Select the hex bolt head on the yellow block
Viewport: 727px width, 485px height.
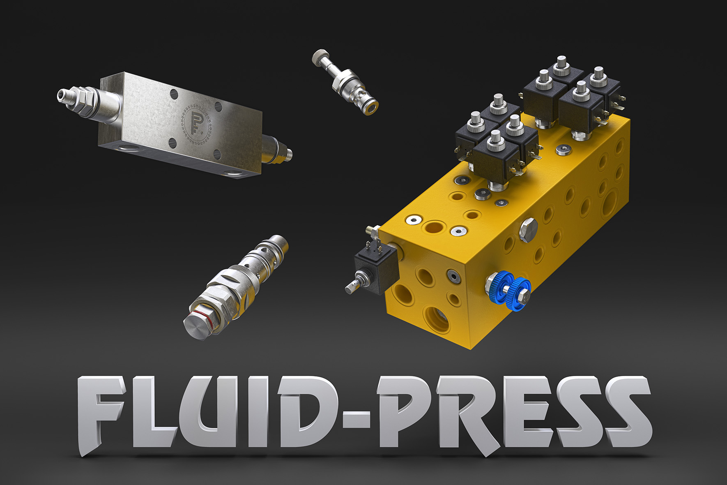(x=528, y=230)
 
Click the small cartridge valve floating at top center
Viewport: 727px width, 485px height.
(x=345, y=82)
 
